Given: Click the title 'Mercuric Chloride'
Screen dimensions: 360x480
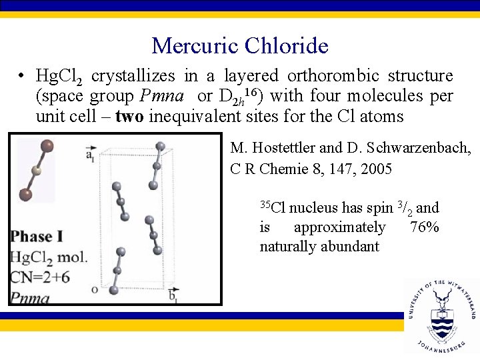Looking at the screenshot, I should [x=240, y=45].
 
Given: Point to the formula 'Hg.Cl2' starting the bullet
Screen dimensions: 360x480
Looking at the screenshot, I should [x=59, y=77].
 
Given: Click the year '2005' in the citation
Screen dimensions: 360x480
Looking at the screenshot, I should [x=376, y=169].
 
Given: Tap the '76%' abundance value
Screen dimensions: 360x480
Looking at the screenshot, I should [x=424, y=227].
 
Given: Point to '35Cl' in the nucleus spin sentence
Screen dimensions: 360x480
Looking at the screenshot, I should [x=272, y=207].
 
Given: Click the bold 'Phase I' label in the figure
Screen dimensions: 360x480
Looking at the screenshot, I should [x=37, y=237].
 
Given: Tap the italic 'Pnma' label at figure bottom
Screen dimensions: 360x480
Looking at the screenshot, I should [x=30, y=297].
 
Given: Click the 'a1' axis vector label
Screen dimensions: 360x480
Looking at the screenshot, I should [x=90, y=155].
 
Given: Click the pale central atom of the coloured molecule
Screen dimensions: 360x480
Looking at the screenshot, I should [x=37, y=171].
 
